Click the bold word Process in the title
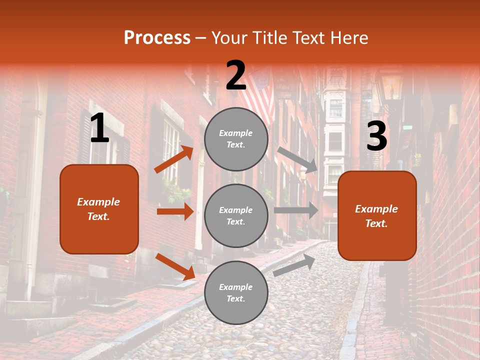tap(157, 38)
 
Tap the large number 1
tap(99, 128)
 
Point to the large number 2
tap(236, 75)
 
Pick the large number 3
tap(376, 136)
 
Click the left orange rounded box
tap(99, 209)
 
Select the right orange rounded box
tap(377, 216)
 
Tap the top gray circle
tap(236, 139)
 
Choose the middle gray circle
tap(236, 215)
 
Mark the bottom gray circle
tap(236, 292)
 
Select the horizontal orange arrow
tap(175, 211)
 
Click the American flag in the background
tap(260, 95)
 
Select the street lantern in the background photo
tap(391, 87)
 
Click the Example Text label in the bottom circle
tap(236, 292)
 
